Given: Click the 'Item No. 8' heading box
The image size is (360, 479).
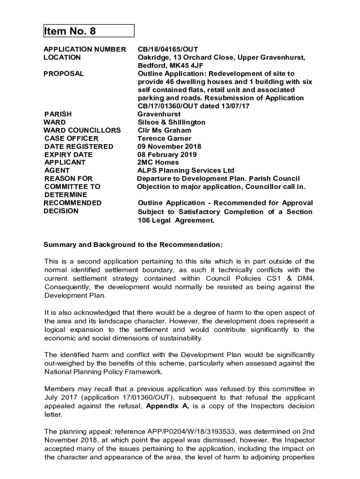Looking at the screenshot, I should [x=89, y=31].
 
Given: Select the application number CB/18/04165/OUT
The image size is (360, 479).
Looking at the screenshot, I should [x=168, y=49].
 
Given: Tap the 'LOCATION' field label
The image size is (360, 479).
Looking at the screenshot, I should [x=62, y=57].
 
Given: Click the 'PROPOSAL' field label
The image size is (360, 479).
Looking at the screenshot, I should [x=64, y=73].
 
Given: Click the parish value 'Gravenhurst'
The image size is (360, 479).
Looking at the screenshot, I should [x=159, y=114].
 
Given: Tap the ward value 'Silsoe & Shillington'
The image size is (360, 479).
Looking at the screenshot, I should [x=171, y=122].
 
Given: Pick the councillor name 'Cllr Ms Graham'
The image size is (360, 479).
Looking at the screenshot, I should [x=164, y=130].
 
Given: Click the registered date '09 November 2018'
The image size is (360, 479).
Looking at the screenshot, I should [x=169, y=146].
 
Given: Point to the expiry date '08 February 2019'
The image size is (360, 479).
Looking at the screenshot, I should [x=167, y=154].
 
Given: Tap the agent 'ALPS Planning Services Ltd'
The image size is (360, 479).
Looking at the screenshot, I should [x=186, y=170].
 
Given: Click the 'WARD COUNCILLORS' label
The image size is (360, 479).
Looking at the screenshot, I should [x=82, y=130].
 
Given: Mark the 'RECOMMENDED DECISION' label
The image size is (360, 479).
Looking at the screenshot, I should [x=72, y=207].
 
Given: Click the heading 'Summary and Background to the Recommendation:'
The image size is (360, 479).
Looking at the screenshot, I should [x=133, y=245].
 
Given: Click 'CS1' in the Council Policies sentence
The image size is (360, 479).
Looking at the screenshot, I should [x=275, y=278].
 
